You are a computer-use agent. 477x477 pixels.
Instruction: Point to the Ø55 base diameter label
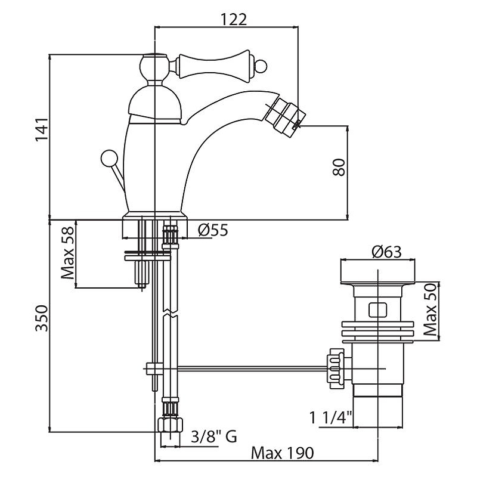click(211, 230)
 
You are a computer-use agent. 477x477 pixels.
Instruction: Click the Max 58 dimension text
click(69, 255)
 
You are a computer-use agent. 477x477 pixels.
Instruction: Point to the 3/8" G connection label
click(213, 437)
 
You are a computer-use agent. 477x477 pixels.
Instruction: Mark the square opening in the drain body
click(377, 309)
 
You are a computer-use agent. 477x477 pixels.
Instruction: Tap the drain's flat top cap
click(377, 273)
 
